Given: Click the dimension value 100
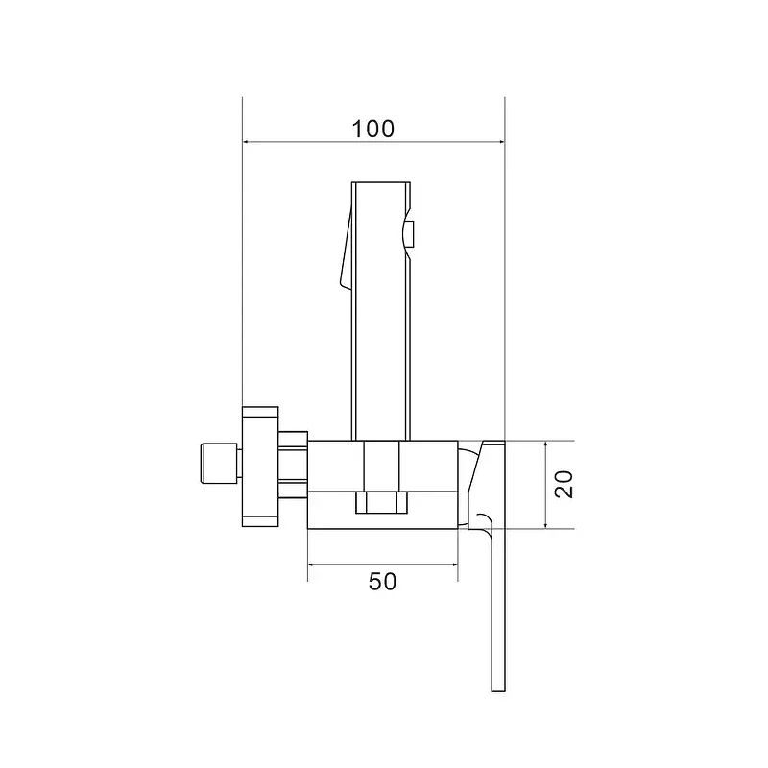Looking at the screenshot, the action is point(372,129).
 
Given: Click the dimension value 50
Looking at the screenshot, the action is point(382,582).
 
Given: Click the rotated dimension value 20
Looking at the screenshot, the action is point(564,485).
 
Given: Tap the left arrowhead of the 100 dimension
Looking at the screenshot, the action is point(248,142).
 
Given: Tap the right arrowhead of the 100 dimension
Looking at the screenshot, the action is point(500,142).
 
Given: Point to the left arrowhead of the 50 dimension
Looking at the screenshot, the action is point(313,564).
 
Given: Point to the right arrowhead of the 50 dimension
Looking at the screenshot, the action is point(452,564).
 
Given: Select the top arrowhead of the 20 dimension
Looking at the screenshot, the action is point(545,445).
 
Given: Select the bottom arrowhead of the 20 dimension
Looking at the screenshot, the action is point(545,523).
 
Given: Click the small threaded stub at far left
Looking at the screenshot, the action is point(219,464).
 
